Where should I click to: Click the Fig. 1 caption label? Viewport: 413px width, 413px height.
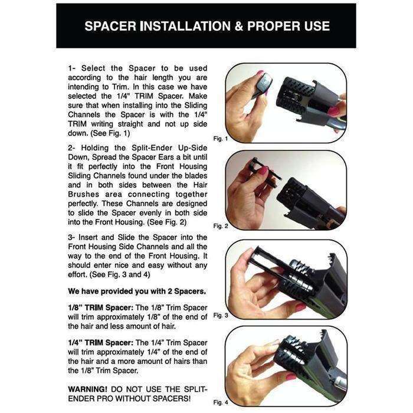coord(219,139)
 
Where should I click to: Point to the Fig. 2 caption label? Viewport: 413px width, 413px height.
coord(219,225)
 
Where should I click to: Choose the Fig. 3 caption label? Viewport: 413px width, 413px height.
coord(219,315)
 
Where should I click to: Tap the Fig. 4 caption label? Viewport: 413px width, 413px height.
coord(219,402)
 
